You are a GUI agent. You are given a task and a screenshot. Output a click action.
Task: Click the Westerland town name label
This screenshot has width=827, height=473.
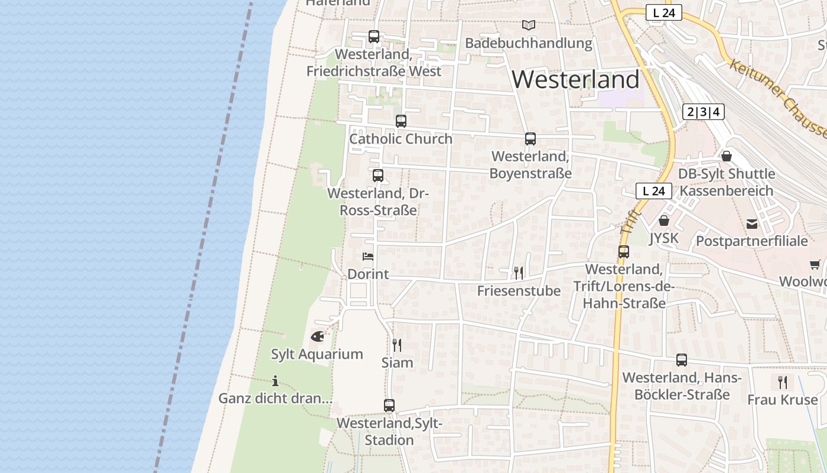click(575, 79)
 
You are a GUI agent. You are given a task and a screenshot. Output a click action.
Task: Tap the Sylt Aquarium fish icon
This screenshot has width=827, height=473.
click(317, 337)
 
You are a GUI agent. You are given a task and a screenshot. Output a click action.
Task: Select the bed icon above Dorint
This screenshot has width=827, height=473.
click(368, 257)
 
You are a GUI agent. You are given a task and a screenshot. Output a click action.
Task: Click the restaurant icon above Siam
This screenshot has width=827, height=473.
click(397, 345)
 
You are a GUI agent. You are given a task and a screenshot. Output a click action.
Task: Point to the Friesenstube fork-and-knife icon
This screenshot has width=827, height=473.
click(519, 273)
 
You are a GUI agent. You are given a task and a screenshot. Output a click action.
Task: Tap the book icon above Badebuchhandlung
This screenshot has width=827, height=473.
click(528, 25)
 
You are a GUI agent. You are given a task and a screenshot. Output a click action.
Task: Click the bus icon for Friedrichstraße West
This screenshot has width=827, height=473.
click(374, 37)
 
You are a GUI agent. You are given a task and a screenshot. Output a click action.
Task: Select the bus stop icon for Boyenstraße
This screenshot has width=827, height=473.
click(530, 139)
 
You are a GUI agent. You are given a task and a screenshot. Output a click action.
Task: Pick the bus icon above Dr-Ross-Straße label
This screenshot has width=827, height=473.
click(378, 176)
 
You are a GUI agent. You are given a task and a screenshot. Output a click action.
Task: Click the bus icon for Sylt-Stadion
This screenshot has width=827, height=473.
click(389, 406)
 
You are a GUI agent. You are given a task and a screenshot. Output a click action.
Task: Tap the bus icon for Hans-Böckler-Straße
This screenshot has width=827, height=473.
click(682, 359)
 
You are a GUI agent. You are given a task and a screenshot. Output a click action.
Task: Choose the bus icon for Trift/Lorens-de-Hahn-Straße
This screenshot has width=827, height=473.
click(624, 251)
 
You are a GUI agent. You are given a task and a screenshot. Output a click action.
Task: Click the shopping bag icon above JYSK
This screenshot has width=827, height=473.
click(664, 221)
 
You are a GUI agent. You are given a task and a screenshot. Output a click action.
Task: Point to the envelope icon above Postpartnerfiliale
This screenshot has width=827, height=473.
click(752, 224)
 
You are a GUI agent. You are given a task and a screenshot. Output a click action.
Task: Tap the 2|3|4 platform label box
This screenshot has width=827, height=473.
click(704, 111)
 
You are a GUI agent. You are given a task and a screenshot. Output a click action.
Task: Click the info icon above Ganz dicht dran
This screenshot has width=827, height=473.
click(275, 381)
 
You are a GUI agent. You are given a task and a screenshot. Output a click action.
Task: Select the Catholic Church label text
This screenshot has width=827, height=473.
click(401, 139)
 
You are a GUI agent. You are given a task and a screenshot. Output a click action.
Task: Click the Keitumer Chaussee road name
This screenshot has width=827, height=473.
click(779, 98)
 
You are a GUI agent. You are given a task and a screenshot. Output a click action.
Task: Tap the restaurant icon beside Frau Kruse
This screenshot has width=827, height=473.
click(783, 382)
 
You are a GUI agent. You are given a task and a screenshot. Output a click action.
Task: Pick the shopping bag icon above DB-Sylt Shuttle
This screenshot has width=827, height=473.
click(727, 156)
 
